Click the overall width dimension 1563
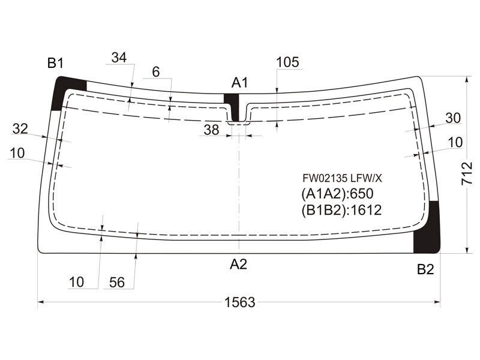pyautogui.click(x=239, y=302)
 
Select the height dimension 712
pyautogui.click(x=467, y=173)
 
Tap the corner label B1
pyautogui.click(x=55, y=63)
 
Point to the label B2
pyautogui.click(x=425, y=269)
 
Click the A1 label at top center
pyautogui.click(x=239, y=83)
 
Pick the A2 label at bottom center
pyautogui.click(x=238, y=264)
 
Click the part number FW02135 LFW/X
pyautogui.click(x=342, y=178)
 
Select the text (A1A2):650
pyautogui.click(x=337, y=194)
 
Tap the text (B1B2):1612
pyautogui.click(x=341, y=211)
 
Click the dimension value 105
pyautogui.click(x=287, y=62)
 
